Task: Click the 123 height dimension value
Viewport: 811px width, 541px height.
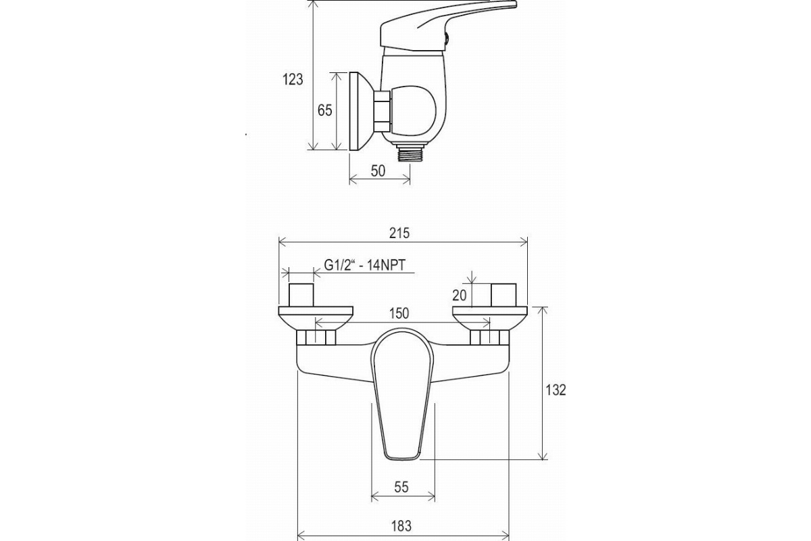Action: [293, 79]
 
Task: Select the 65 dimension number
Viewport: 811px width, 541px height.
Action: [324, 110]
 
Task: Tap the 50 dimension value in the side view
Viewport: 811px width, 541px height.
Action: [378, 171]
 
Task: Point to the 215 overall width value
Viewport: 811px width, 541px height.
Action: [399, 233]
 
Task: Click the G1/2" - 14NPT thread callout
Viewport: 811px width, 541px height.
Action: [364, 265]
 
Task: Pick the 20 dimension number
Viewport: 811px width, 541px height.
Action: [460, 296]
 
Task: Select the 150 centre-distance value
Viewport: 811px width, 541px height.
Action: [399, 313]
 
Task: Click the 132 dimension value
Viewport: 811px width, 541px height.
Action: [556, 390]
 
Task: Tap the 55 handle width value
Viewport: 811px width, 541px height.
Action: [401, 488]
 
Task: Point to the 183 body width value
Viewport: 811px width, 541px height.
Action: [401, 525]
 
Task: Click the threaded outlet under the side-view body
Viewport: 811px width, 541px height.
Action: [410, 153]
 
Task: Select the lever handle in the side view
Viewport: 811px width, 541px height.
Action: [448, 27]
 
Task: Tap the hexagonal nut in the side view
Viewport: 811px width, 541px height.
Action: [382, 112]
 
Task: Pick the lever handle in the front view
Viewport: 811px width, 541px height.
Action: [403, 395]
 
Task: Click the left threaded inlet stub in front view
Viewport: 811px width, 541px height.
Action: [301, 295]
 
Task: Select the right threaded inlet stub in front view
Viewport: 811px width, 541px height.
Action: [503, 295]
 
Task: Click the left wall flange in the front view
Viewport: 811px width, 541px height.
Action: [316, 319]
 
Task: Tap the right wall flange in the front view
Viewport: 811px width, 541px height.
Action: [490, 319]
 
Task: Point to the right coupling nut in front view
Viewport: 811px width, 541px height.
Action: [489, 337]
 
